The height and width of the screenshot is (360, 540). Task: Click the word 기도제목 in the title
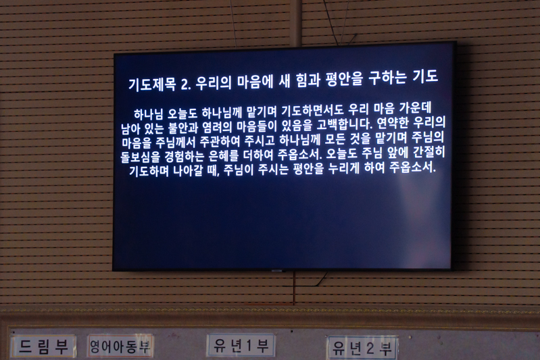pyautogui.click(x=152, y=84)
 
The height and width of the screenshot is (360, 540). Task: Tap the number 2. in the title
pyautogui.click(x=186, y=84)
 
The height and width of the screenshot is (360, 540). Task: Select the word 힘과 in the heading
pyautogui.click(x=308, y=80)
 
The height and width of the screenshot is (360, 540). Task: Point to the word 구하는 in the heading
pyautogui.click(x=387, y=78)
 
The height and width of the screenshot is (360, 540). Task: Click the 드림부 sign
pyautogui.click(x=43, y=346)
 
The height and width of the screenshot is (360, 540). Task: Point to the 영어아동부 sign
pyautogui.click(x=120, y=346)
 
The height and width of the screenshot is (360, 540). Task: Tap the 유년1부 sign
pyautogui.click(x=241, y=346)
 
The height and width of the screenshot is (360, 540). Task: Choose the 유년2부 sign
pyautogui.click(x=362, y=348)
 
